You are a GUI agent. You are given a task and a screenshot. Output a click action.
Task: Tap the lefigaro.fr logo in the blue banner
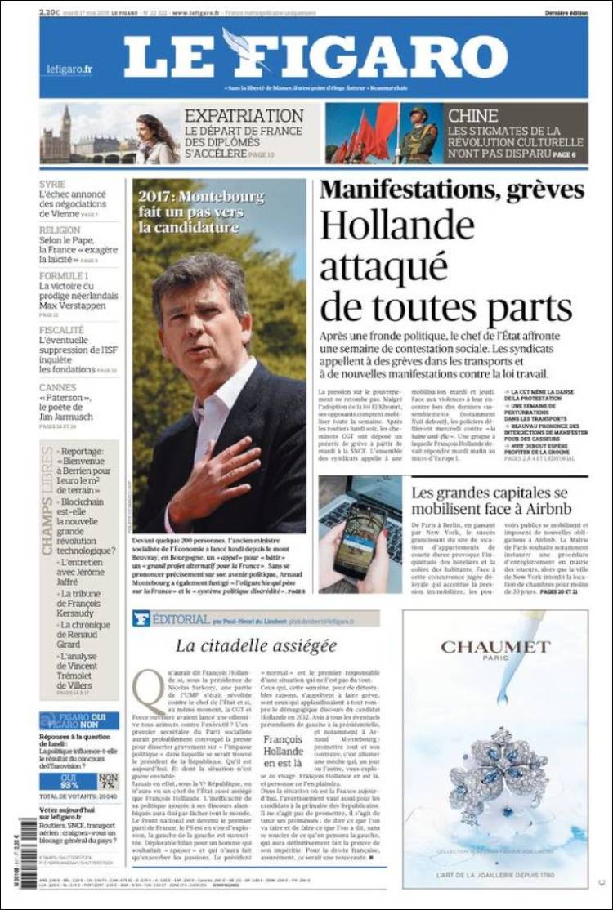[x=69, y=69]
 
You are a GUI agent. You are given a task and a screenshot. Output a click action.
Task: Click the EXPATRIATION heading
[x=244, y=115]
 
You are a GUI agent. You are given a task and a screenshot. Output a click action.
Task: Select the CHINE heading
[x=472, y=115]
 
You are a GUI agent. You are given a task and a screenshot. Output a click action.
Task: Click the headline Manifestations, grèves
[x=452, y=190]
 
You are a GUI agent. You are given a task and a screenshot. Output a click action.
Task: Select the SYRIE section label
[x=53, y=185]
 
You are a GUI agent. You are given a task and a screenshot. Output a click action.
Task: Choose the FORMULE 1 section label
[x=64, y=276]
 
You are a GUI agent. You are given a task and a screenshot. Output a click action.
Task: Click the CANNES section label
[x=59, y=387]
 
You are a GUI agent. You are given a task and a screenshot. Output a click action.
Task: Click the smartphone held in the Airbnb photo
[x=360, y=535]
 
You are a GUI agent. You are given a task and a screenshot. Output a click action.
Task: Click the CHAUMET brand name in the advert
[x=495, y=647]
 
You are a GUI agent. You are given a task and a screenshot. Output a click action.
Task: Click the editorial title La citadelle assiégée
[x=256, y=645]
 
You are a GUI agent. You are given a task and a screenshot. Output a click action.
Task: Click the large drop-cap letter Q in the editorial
[x=148, y=690]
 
